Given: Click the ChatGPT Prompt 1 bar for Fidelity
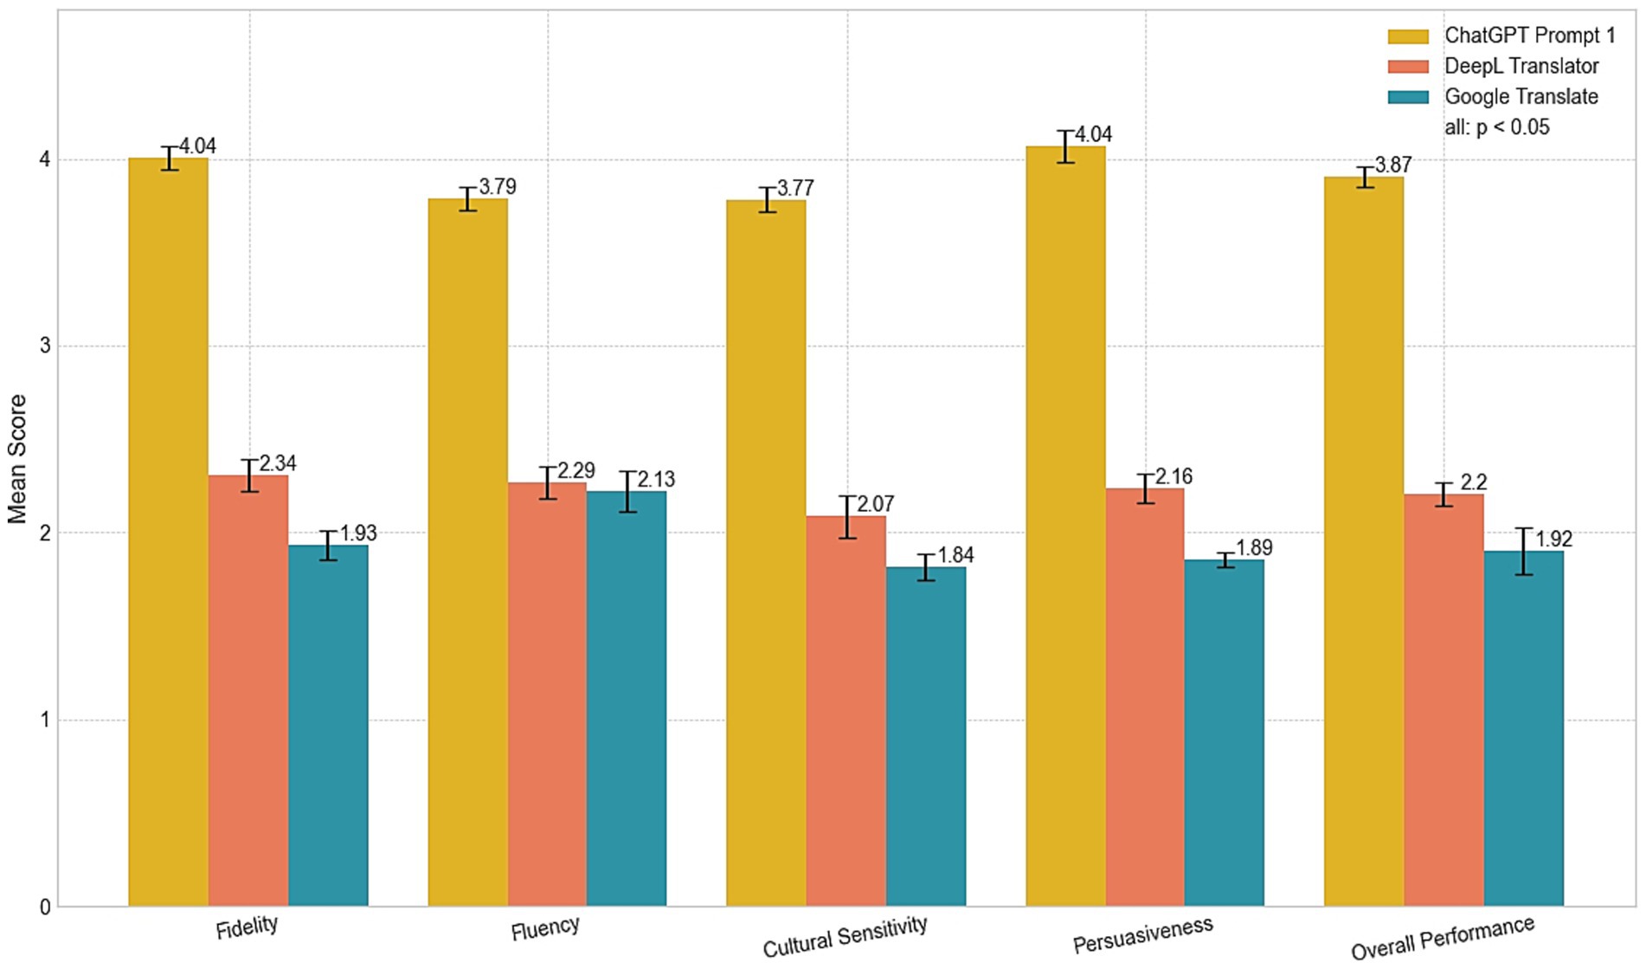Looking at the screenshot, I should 168,532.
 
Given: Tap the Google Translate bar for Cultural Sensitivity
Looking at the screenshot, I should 925,736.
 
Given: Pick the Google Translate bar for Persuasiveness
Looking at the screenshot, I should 1224,733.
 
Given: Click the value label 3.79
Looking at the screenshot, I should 498,186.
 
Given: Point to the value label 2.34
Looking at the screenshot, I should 278,463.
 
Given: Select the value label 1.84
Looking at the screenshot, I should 955,555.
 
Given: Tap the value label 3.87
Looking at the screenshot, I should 1393,165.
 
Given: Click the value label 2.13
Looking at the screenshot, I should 656,479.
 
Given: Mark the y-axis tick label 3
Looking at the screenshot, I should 45,346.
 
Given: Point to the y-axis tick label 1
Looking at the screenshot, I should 45,720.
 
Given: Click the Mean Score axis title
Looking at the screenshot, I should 17,459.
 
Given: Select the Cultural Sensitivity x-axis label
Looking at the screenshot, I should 845,937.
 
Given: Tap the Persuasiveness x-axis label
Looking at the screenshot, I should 1142,934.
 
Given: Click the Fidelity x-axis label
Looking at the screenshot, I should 247,927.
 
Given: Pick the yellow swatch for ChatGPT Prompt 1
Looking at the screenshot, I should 1407,36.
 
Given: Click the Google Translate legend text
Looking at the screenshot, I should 1521,96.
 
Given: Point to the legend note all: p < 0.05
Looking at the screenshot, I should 1497,127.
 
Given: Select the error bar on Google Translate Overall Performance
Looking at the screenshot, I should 1524,551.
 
